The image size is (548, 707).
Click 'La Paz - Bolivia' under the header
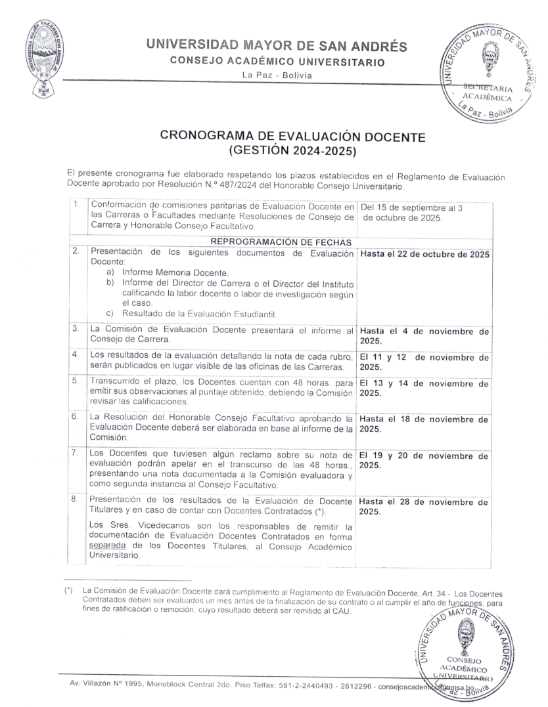(277, 74)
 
